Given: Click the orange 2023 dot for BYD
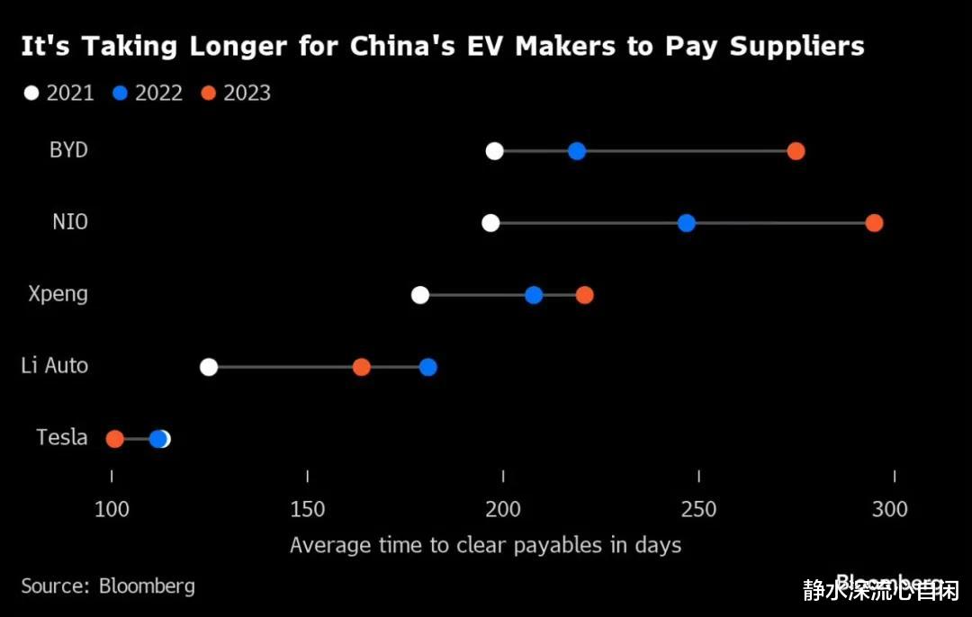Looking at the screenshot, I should [796, 151].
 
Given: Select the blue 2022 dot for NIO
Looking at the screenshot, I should [687, 223].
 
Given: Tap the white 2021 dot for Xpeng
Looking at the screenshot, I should [420, 295].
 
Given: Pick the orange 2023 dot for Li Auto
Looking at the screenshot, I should [361, 367].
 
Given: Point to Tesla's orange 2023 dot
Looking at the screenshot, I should [114, 439].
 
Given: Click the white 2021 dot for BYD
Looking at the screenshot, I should [494, 151].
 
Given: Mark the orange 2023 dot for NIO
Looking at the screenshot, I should [874, 223].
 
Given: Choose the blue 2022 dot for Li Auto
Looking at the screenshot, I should [428, 367].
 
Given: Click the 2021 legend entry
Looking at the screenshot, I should [59, 93].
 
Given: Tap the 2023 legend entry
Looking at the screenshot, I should [237, 93].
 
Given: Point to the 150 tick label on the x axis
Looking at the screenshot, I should [308, 509].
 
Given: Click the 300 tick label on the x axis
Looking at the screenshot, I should [890, 509].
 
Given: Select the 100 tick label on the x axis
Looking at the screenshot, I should [112, 509].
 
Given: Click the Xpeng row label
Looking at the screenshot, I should [58, 294].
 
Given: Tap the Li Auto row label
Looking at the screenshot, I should [55, 366].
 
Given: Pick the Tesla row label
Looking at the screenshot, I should [62, 438].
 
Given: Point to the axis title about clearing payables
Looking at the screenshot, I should [485, 545].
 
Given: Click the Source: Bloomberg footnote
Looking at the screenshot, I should [108, 586].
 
